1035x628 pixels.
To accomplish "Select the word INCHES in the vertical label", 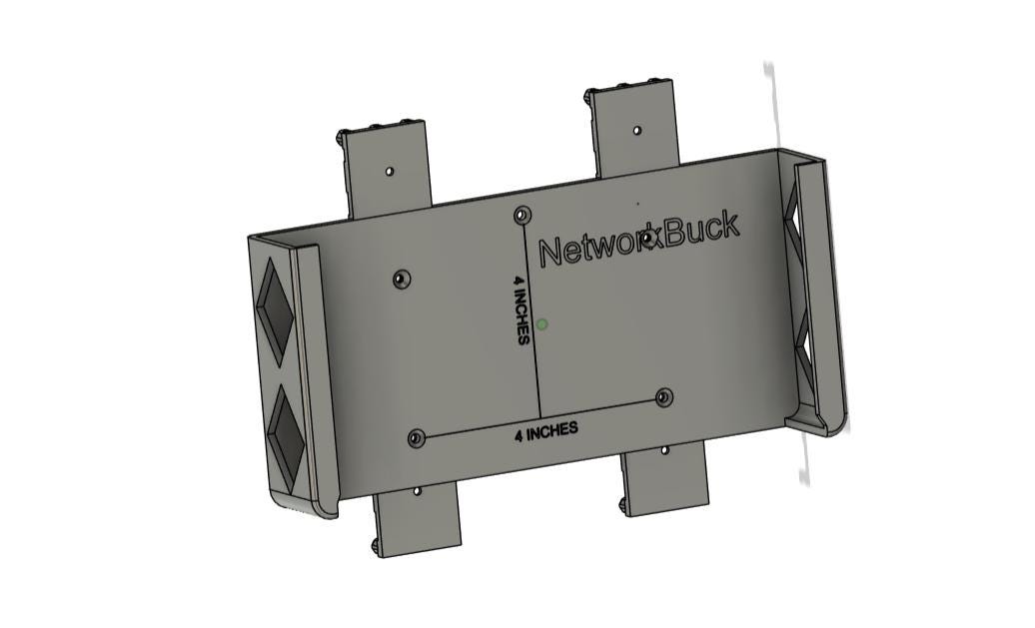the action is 521,317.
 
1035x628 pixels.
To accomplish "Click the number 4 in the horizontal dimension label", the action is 519,436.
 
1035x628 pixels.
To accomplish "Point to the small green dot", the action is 541,323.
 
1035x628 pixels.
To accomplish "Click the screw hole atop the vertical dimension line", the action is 522,215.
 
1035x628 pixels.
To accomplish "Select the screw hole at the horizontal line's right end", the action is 664,397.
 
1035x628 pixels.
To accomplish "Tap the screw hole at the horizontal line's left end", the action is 416,437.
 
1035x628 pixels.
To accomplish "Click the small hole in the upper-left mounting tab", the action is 390,172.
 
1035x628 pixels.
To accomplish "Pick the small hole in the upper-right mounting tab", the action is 637,131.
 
